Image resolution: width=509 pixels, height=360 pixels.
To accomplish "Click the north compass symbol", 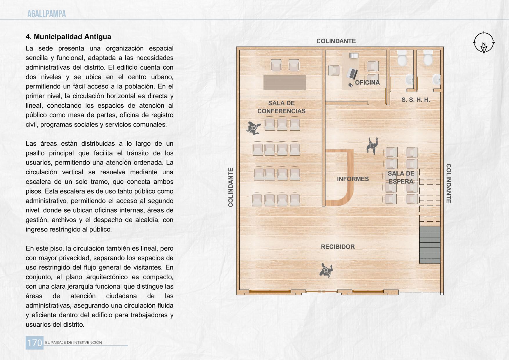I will tap(483, 42).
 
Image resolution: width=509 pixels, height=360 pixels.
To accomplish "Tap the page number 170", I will tap(35, 343).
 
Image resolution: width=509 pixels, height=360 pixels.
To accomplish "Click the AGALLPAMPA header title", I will tap(46, 14).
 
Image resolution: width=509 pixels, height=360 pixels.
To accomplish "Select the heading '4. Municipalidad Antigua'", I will tap(68, 37).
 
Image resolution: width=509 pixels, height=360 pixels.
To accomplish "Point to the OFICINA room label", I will tap(367, 83).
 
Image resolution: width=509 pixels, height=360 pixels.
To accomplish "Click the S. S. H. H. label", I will tap(416, 100).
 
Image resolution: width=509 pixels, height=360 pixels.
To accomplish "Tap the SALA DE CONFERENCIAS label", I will tap(281, 107).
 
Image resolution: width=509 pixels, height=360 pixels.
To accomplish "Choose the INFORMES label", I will tap(353, 179).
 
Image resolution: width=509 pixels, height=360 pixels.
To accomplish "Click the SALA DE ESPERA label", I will tap(401, 178).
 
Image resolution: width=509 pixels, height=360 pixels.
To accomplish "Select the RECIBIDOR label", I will tap(337, 247).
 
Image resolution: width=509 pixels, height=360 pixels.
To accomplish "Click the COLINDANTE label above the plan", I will tap(336, 41).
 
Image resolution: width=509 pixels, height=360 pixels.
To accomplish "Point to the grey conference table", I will tap(284, 82).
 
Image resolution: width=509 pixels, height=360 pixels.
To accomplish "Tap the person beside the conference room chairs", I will tap(253, 128).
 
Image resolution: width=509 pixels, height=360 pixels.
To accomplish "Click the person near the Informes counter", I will tap(372, 145).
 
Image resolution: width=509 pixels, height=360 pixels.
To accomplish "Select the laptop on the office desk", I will tap(353, 73).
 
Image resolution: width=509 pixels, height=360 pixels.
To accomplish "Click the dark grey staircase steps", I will tap(429, 245).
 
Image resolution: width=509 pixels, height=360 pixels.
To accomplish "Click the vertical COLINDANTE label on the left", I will tap(231, 187).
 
